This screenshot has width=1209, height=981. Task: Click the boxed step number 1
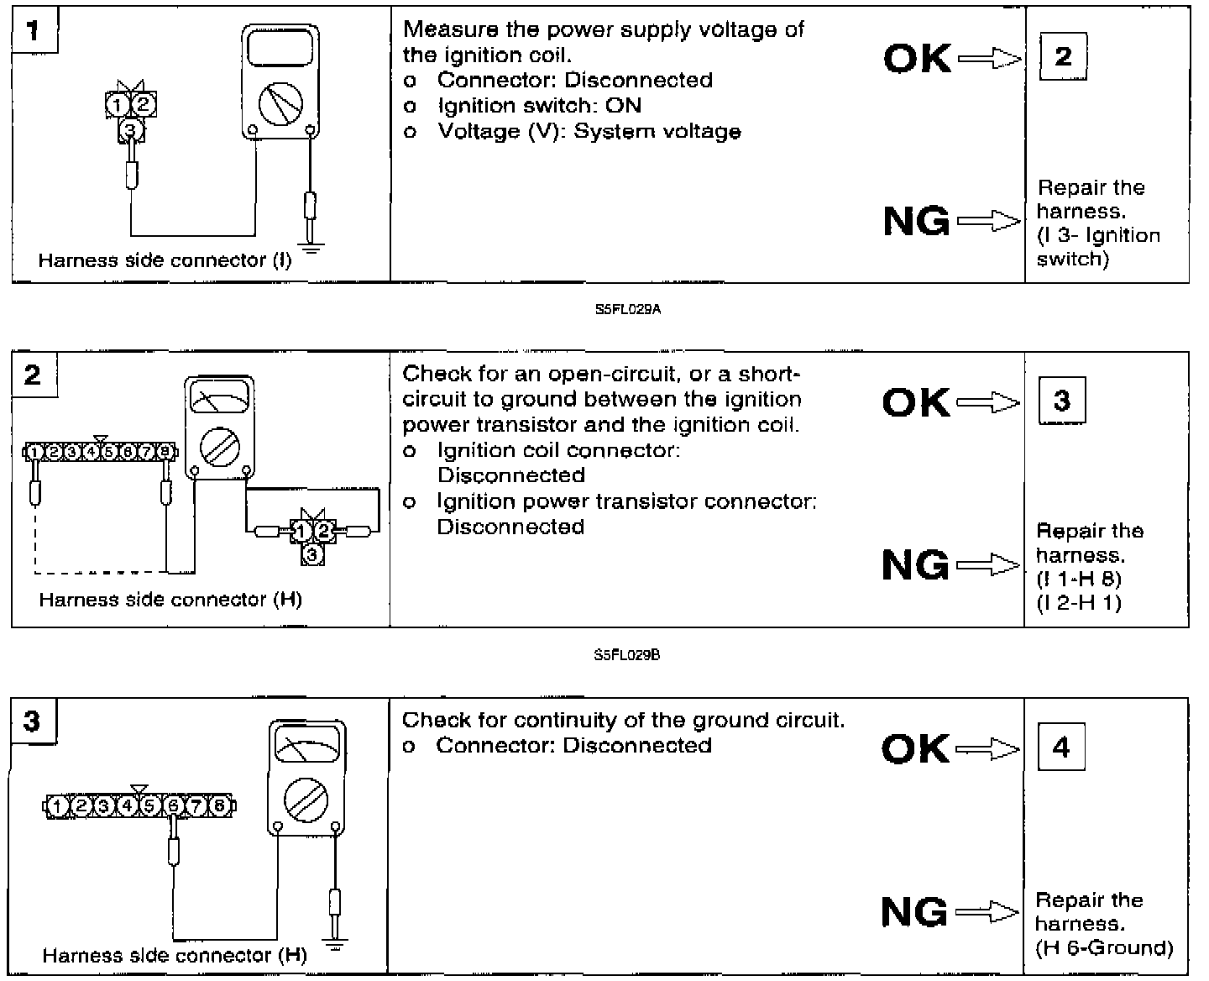[33, 31]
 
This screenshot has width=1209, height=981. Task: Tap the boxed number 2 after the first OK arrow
[1063, 56]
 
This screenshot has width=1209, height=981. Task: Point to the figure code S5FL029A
[628, 309]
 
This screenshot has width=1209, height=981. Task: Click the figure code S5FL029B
[627, 655]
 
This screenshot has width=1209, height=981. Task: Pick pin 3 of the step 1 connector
[129, 129]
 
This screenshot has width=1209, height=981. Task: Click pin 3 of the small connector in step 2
[311, 554]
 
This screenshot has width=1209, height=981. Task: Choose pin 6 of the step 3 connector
[174, 805]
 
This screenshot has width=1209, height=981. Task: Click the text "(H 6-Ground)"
[1104, 948]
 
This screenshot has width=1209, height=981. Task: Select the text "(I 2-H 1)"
[1079, 602]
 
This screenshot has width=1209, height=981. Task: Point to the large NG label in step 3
[914, 912]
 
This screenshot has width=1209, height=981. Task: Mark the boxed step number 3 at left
[32, 721]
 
